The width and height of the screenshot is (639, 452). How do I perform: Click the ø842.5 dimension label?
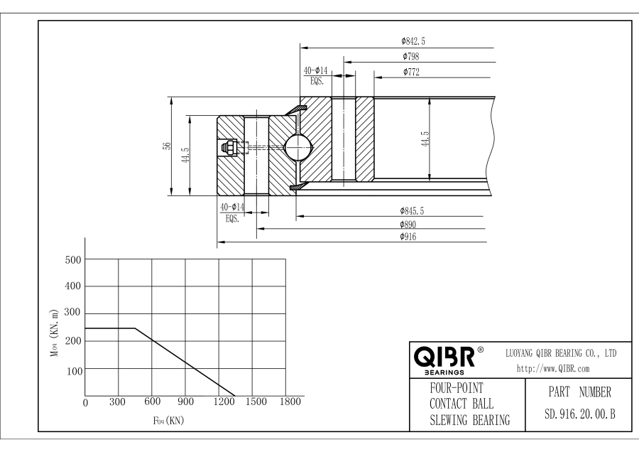click(x=413, y=41)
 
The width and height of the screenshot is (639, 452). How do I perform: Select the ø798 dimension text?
click(x=410, y=56)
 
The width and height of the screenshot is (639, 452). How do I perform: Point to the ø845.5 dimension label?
click(x=413, y=210)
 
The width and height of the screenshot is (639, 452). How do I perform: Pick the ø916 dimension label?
click(x=410, y=236)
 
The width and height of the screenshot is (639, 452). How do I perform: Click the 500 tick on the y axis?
click(x=72, y=259)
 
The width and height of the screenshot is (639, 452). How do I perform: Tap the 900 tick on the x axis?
click(x=185, y=402)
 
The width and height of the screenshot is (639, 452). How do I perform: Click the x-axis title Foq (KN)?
click(x=169, y=420)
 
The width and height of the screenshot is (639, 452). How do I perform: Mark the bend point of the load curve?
click(x=135, y=328)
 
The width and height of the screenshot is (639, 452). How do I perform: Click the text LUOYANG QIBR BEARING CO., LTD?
click(x=560, y=353)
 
